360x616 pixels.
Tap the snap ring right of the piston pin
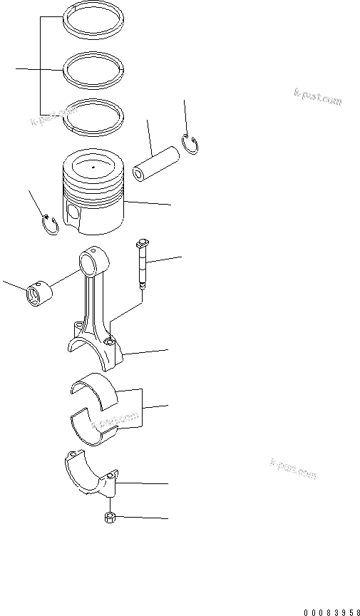pos(192,144)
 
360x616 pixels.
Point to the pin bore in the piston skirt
pos(72,211)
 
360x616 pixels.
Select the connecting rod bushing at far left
pos(38,295)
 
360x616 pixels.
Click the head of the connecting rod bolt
pos(142,244)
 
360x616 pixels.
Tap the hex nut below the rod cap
pos(112,518)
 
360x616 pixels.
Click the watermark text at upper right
pos(317,97)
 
